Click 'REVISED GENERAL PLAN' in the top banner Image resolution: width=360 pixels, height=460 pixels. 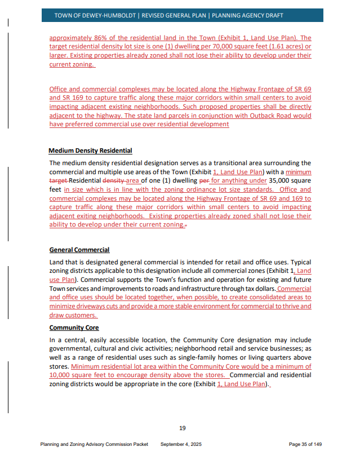tap(174, 15)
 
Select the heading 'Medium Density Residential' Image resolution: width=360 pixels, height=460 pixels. tap(90, 151)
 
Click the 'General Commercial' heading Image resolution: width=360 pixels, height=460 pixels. tap(79, 250)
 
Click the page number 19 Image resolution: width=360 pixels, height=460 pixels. tap(182, 428)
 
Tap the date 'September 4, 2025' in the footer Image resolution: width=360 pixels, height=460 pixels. tap(181, 444)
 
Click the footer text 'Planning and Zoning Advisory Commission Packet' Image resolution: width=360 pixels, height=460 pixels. tap(94, 444)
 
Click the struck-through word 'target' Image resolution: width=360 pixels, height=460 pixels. tap(58, 181)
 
